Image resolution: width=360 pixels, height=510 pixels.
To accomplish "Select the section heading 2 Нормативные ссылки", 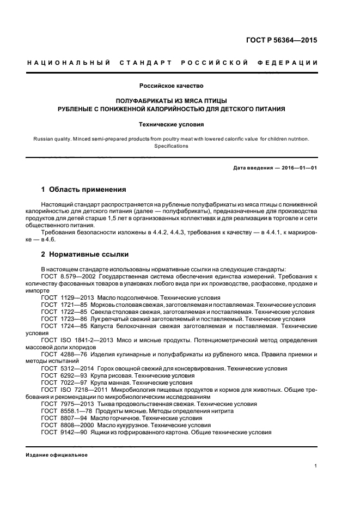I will [x=85, y=254].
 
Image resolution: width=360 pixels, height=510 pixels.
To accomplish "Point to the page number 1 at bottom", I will [x=316, y=466].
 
